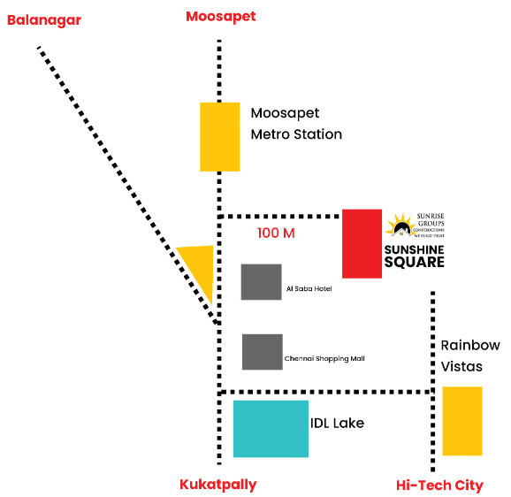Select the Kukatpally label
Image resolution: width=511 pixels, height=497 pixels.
[x=217, y=484]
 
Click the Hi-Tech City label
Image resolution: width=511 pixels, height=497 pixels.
[x=439, y=485]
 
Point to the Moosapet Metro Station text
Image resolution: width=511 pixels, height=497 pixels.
[x=295, y=124]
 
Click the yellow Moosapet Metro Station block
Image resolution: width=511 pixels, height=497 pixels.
[x=219, y=136]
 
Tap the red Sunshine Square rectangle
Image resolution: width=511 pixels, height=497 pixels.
[x=362, y=243]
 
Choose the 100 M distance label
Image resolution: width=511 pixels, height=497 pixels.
[x=276, y=233]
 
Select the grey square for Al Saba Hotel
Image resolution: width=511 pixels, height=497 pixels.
[x=261, y=281]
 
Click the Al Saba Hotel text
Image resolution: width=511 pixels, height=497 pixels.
[x=309, y=289]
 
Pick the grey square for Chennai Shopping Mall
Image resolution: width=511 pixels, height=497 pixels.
[x=262, y=351]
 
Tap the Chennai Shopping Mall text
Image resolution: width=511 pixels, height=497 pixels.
[x=324, y=358]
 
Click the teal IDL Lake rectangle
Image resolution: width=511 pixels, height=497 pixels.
[x=271, y=428]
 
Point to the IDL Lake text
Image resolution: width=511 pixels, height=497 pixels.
[x=337, y=424]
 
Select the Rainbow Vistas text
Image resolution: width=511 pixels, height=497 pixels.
[x=470, y=356]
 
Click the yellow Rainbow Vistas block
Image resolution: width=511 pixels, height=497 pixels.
[x=461, y=420]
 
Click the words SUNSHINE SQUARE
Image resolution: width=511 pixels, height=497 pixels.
[x=414, y=256]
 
